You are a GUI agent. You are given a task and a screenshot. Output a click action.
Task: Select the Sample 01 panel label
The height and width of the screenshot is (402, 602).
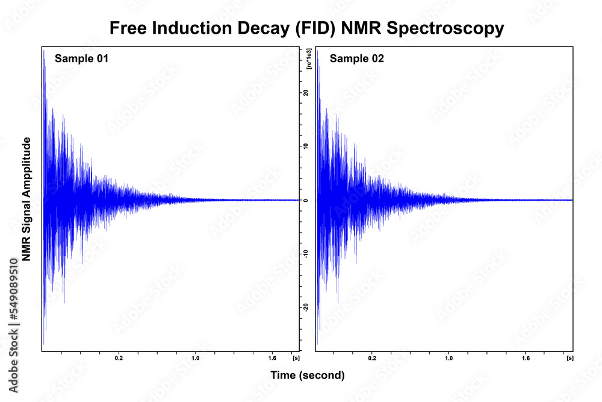tap(81, 58)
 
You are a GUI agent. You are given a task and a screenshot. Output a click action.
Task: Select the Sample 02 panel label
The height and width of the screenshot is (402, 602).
tap(356, 58)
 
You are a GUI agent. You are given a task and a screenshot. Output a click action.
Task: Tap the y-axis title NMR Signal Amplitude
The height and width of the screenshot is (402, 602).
tap(26, 199)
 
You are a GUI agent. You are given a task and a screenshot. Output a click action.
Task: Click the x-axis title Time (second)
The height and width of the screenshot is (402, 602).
tap(308, 375)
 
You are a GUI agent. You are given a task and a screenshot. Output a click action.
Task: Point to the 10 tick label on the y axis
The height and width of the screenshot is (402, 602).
tap(306, 146)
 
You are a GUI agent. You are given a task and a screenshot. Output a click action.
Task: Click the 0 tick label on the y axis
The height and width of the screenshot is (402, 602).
tap(306, 200)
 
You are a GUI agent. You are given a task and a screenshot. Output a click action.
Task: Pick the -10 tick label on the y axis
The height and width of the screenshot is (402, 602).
tap(306, 254)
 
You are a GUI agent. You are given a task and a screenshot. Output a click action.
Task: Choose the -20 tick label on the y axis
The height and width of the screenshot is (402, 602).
tap(306, 307)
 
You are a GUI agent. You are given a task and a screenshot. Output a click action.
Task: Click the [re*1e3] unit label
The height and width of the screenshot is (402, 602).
tap(308, 58)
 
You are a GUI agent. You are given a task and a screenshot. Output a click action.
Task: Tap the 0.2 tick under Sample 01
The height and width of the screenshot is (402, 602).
tap(119, 358)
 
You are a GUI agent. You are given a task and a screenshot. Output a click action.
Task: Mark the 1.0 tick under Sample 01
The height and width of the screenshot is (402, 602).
tap(195, 358)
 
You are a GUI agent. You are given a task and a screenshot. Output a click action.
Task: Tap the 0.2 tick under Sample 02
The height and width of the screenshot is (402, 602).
tap(373, 358)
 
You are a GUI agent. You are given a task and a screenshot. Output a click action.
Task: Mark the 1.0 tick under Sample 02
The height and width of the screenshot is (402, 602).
tap(449, 358)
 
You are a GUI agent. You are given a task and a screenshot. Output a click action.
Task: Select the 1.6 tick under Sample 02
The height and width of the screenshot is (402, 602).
tap(526, 358)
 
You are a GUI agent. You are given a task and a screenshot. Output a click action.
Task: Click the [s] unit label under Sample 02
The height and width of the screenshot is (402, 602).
tap(569, 358)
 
